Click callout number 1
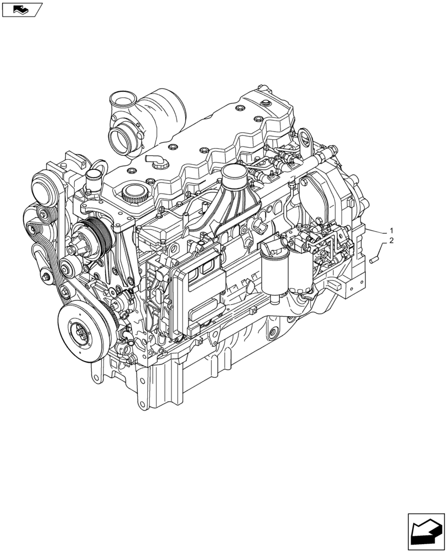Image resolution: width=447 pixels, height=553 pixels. click(391, 230)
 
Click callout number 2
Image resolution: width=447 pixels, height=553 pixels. click(391, 241)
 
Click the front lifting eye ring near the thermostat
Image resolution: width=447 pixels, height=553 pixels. click(100, 166)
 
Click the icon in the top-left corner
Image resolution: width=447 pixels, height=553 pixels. click(21, 9)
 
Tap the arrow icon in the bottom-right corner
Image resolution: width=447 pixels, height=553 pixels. click(425, 532)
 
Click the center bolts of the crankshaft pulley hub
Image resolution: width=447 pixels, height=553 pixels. click(79, 334)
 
